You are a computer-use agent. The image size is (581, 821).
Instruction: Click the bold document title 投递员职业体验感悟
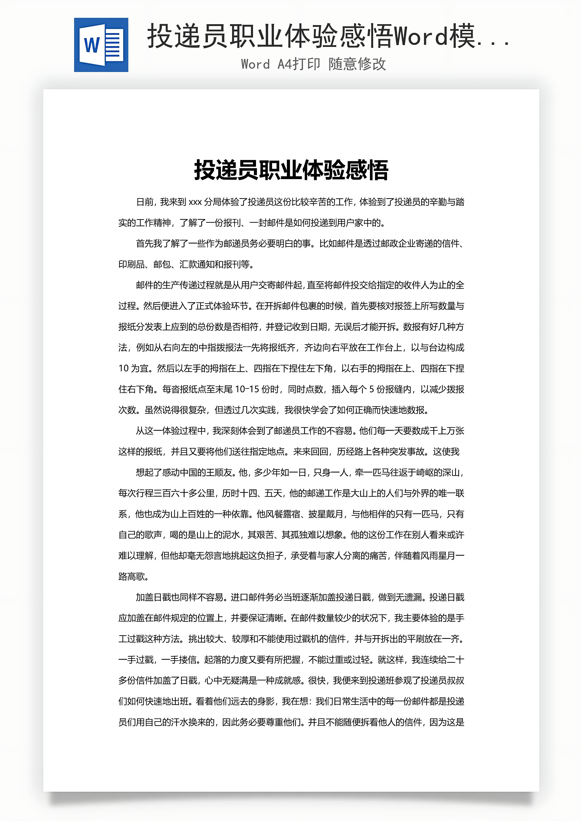pyautogui.click(x=291, y=170)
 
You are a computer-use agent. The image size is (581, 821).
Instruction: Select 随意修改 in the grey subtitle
pyautogui.click(x=357, y=64)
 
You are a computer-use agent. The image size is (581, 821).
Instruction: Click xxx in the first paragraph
pyautogui.click(x=195, y=202)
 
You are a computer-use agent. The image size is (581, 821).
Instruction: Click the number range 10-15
pyautogui.click(x=247, y=389)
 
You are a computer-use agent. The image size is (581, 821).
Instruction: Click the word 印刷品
pyautogui.click(x=131, y=265)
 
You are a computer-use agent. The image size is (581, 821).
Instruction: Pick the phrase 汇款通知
pyautogui.click(x=196, y=265)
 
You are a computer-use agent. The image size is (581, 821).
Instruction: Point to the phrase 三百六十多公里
pyautogui.click(x=184, y=493)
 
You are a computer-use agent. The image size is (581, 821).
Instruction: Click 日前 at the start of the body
pyautogui.click(x=145, y=202)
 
